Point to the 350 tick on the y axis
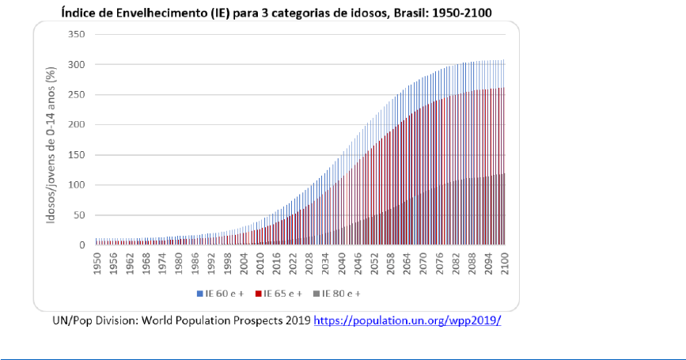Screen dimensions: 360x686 76,35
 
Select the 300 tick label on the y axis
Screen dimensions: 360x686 76,65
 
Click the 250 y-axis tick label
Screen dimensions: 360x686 76,95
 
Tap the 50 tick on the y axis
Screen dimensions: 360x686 78,215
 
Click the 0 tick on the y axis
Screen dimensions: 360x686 81,245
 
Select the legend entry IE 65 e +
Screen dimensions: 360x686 277,294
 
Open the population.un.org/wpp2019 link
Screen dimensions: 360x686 407,322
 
